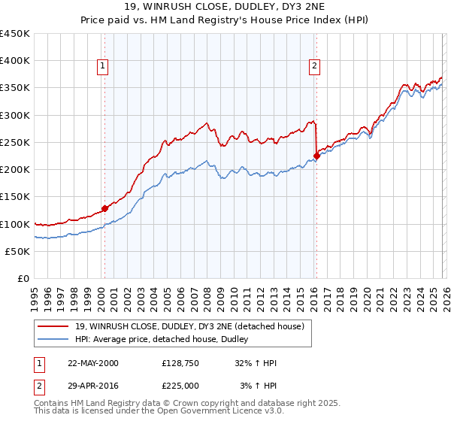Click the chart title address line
point(225,8)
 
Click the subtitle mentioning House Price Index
point(225,20)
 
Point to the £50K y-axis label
point(18,251)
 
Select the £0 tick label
point(24,279)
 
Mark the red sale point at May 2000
point(105,208)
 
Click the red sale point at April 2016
point(316,156)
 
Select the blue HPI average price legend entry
point(165,340)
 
